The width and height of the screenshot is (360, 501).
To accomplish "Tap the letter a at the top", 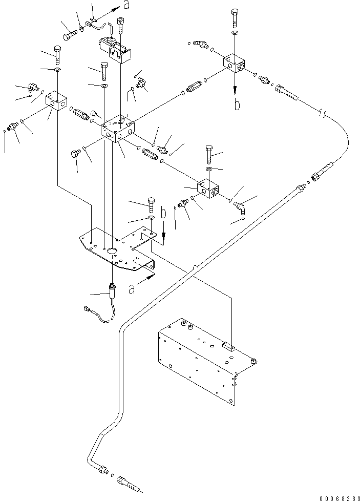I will [x=126, y=6].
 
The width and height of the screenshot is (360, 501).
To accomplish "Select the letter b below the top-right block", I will [x=237, y=106].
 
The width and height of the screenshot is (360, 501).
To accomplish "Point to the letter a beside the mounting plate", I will [x=132, y=289].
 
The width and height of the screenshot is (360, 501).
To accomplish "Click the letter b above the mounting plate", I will [x=163, y=214].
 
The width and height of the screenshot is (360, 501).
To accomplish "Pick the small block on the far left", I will [x=55, y=100].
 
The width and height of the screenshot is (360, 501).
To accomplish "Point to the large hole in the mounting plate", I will [x=112, y=251].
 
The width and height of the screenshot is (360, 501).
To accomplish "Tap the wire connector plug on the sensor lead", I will [x=87, y=309].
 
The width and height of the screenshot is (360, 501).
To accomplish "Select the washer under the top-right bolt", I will [x=234, y=34].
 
